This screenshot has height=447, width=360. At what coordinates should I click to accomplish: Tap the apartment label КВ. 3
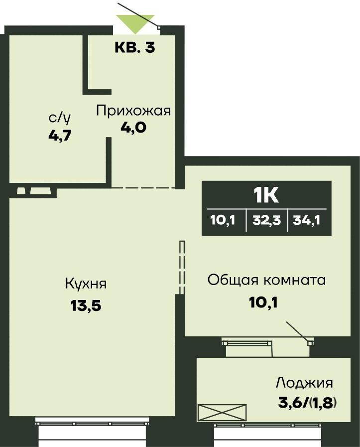coord(135,48)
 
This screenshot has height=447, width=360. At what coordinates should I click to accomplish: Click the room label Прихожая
coord(133,110)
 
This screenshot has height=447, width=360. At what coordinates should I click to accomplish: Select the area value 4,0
coord(133,128)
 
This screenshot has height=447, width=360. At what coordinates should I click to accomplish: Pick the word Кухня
coord(86,284)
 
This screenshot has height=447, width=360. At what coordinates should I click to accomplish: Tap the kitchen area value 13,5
coord(86,305)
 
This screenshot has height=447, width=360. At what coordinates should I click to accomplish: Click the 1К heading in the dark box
coord(266,195)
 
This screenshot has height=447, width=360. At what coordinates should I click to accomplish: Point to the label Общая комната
coord(266,280)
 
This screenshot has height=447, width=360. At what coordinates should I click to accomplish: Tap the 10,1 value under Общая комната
coord(263,302)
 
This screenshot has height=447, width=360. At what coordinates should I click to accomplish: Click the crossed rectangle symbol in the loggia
coord(222,413)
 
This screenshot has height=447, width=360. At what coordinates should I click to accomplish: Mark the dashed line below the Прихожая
coord(143,187)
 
